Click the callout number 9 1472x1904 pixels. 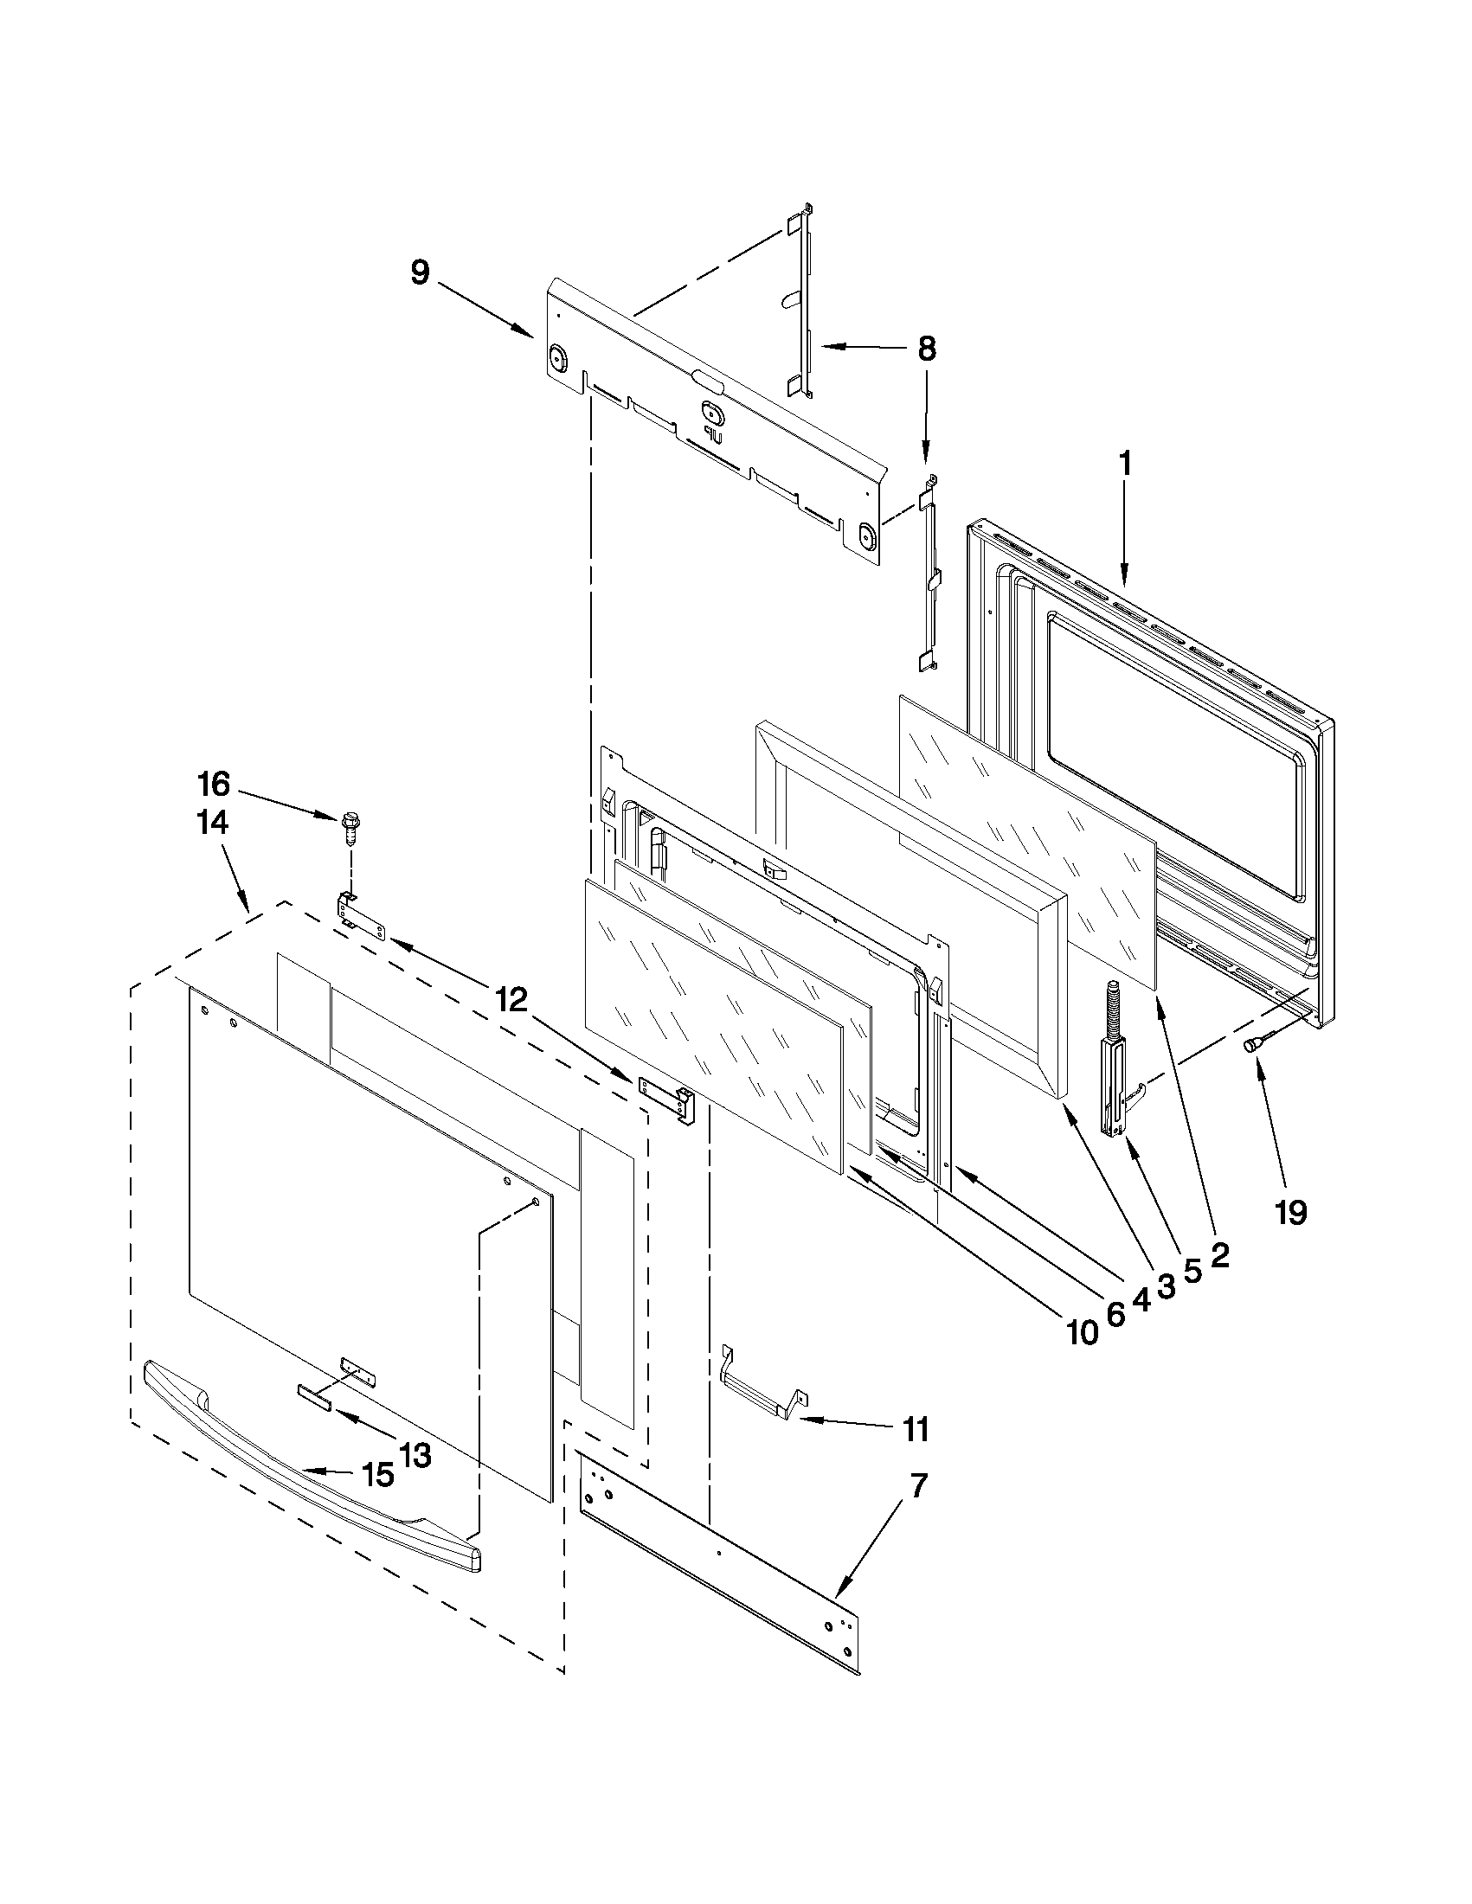(421, 272)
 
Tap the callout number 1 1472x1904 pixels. (1125, 464)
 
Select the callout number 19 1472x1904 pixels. (1290, 1213)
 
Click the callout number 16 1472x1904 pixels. (213, 785)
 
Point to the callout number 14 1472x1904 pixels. (213, 822)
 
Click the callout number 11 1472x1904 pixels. (916, 1431)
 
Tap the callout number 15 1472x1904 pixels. (377, 1474)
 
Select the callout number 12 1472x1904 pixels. (512, 1001)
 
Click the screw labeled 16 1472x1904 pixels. (351, 826)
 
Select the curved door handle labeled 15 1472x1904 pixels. (305, 1473)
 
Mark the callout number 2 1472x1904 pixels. (1219, 1256)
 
